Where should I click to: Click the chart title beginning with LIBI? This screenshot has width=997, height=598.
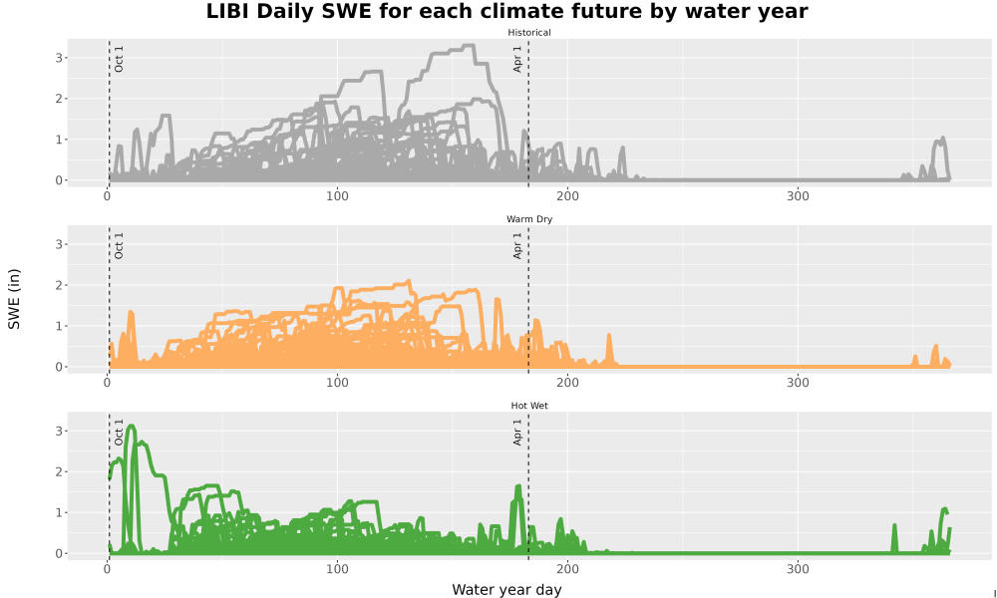[x=506, y=11]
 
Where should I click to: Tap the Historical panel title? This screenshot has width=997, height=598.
[x=529, y=33]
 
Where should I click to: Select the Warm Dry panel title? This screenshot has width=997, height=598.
[x=529, y=219]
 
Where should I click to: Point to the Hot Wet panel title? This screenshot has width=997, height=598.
[x=529, y=406]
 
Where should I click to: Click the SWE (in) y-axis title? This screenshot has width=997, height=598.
[x=14, y=299]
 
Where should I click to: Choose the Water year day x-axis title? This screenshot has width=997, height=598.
[x=506, y=590]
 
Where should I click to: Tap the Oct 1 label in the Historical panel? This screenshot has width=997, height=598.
[x=119, y=59]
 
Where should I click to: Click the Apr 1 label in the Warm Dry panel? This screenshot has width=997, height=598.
[x=517, y=245]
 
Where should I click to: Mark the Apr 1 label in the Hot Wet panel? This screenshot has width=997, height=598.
[x=517, y=432]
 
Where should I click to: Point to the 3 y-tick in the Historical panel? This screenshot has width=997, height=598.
[x=59, y=58]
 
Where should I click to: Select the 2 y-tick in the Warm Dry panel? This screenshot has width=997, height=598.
[x=59, y=285]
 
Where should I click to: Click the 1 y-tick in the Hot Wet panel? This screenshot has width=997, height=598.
[x=59, y=513]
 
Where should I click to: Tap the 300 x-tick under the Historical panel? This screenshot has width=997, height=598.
[x=798, y=195]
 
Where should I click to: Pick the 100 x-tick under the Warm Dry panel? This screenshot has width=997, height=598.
[x=337, y=383]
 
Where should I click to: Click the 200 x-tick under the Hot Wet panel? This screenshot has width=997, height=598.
[x=567, y=569]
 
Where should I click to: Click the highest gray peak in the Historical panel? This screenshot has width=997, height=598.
[x=470, y=45]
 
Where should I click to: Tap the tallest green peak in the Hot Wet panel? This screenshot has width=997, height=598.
[x=132, y=426]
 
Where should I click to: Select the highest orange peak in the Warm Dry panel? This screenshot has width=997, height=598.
[x=408, y=281]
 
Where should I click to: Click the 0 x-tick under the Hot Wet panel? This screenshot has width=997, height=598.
[x=107, y=569]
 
